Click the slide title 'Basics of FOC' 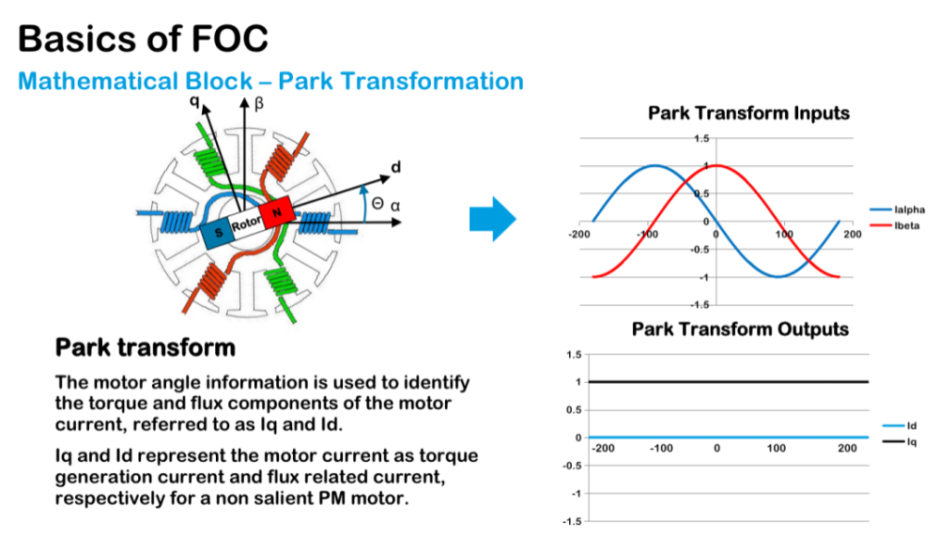click(143, 38)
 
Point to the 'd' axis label click(394, 168)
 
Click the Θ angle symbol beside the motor click(377, 204)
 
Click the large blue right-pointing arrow click(492, 220)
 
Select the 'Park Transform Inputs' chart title click(748, 114)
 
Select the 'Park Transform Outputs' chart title click(740, 330)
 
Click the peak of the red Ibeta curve click(716, 166)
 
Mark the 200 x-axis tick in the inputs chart click(851, 233)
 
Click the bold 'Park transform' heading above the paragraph click(146, 348)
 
